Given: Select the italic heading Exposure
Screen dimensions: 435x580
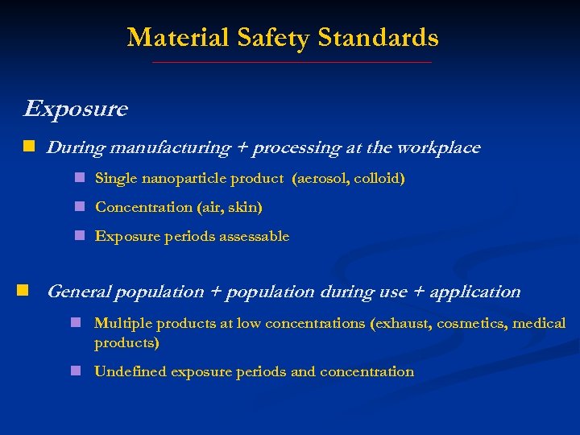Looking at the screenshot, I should (76, 109).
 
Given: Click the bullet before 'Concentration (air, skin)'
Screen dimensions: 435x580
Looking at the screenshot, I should (80, 207).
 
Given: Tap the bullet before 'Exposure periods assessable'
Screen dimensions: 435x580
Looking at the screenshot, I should (80, 236).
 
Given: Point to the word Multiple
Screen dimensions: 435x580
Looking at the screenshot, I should (122, 323).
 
